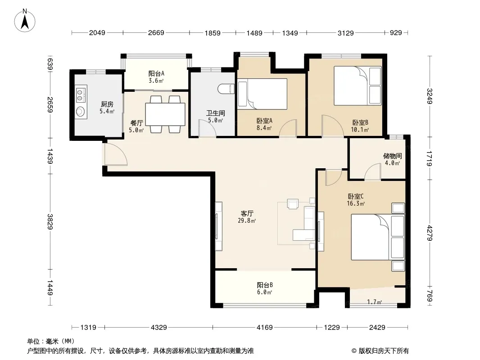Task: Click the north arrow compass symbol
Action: click(25, 21)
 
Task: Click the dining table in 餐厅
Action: click(165, 114)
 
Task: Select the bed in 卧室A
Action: click(263, 94)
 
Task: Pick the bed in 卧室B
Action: click(358, 85)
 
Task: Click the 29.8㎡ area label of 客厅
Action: click(247, 220)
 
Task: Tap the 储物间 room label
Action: click(393, 156)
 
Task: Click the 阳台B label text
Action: click(265, 285)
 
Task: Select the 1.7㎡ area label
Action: click(374, 302)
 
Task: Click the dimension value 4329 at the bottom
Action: click(159, 328)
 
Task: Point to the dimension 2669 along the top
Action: click(156, 33)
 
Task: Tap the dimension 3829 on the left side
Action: click(50, 221)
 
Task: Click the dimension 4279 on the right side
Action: click(430, 233)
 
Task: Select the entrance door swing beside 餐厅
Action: click(115, 154)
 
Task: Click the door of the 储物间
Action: click(372, 171)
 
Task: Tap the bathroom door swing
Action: click(208, 128)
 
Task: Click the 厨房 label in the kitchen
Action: click(107, 104)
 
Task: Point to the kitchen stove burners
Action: click(81, 94)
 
